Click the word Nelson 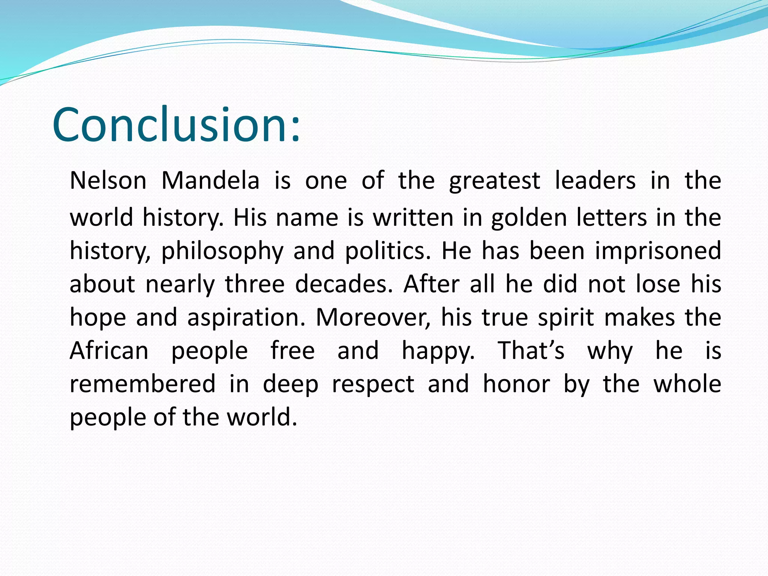pos(108,181)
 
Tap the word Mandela pos(210,181)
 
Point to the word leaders pos(595,181)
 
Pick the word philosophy pos(222,251)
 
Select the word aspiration pos(246,318)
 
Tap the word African pos(109,351)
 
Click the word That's pos(531,351)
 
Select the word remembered pos(142,384)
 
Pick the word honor pos(516,384)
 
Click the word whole pos(687,384)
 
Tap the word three pos(255,284)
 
